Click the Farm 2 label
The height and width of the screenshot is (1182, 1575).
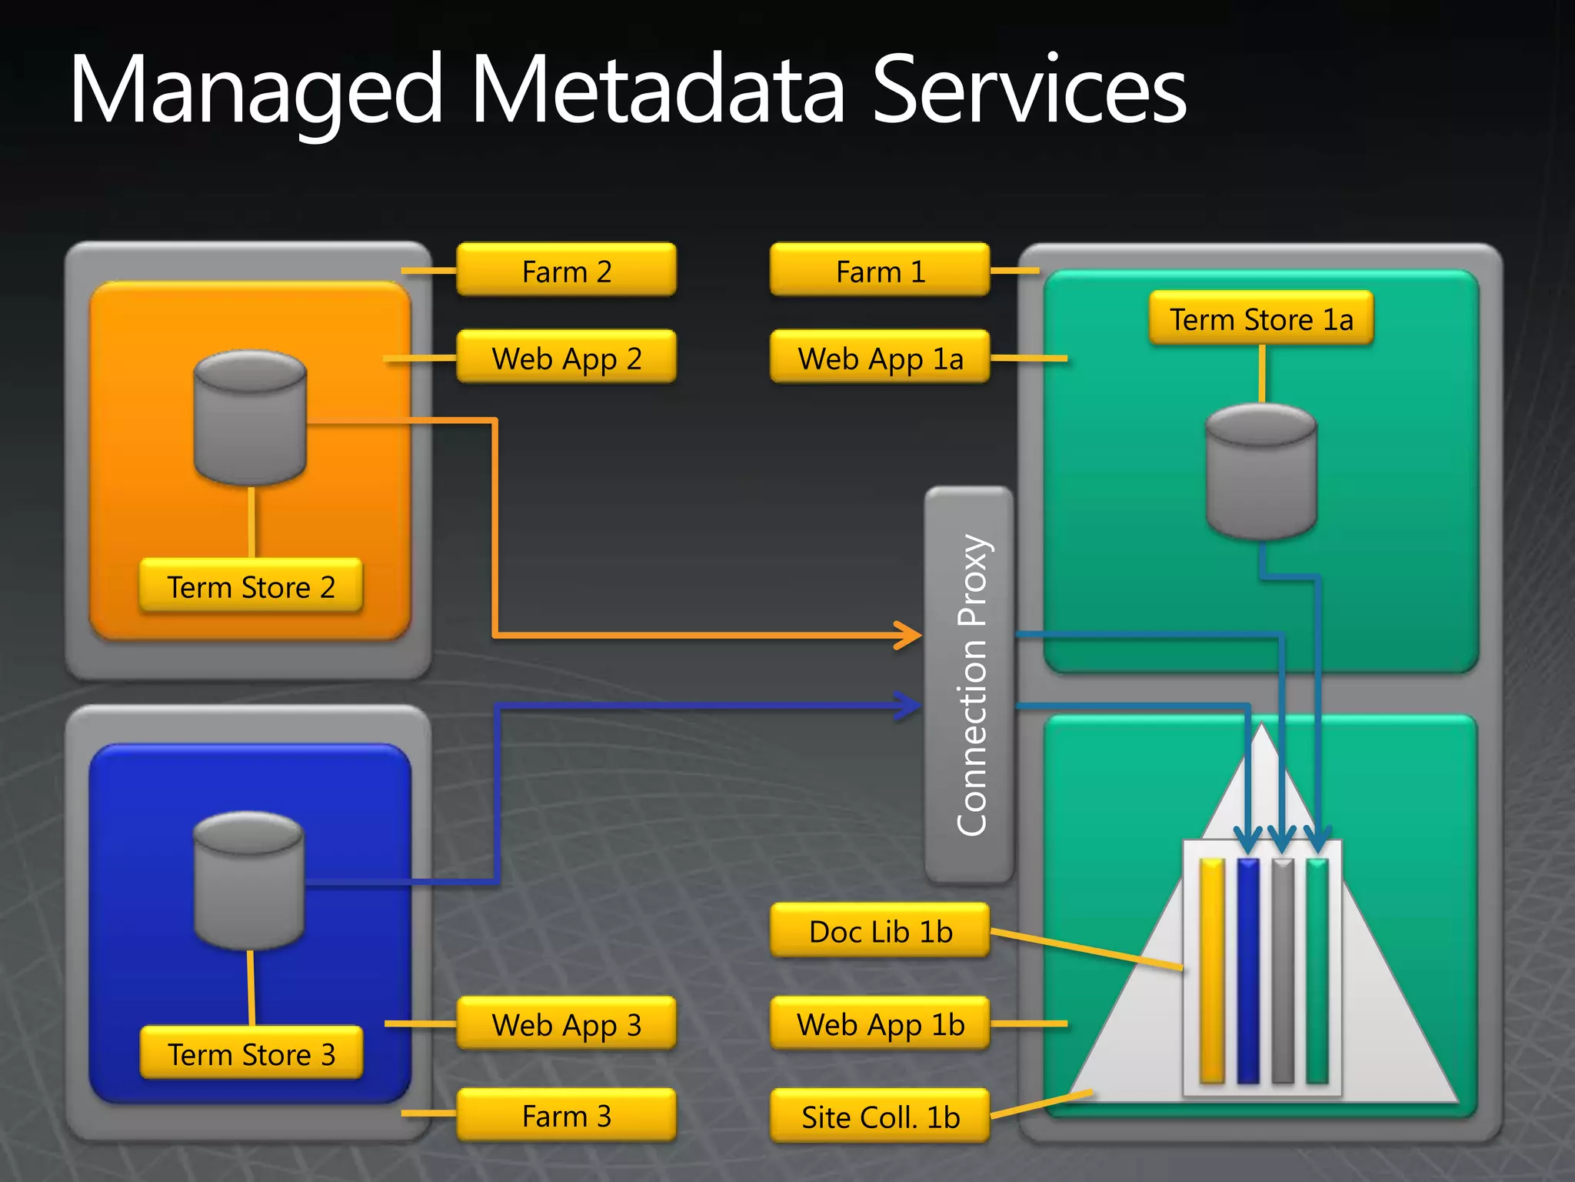coord(566,271)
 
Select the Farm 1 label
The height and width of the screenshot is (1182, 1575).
coord(880,271)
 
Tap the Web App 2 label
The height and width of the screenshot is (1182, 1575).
coord(566,358)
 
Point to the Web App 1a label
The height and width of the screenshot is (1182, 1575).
coord(880,358)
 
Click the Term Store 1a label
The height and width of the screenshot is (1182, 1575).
coord(1261,319)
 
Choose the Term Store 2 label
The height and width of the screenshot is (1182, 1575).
coord(251,586)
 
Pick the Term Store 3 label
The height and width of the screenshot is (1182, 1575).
coord(251,1053)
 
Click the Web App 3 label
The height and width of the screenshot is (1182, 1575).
coord(566,1024)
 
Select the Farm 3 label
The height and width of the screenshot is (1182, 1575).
coord(566,1115)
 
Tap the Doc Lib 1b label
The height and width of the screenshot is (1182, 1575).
coord(880,931)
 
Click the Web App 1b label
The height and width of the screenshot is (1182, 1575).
coord(880,1024)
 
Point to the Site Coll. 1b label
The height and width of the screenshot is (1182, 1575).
coord(880,1117)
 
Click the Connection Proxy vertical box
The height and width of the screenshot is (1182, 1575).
coord(969,685)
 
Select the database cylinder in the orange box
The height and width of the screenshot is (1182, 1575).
coord(251,419)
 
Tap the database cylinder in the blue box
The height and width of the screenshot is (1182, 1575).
coord(249,881)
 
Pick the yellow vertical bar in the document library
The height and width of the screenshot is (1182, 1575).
coord(1212,971)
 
